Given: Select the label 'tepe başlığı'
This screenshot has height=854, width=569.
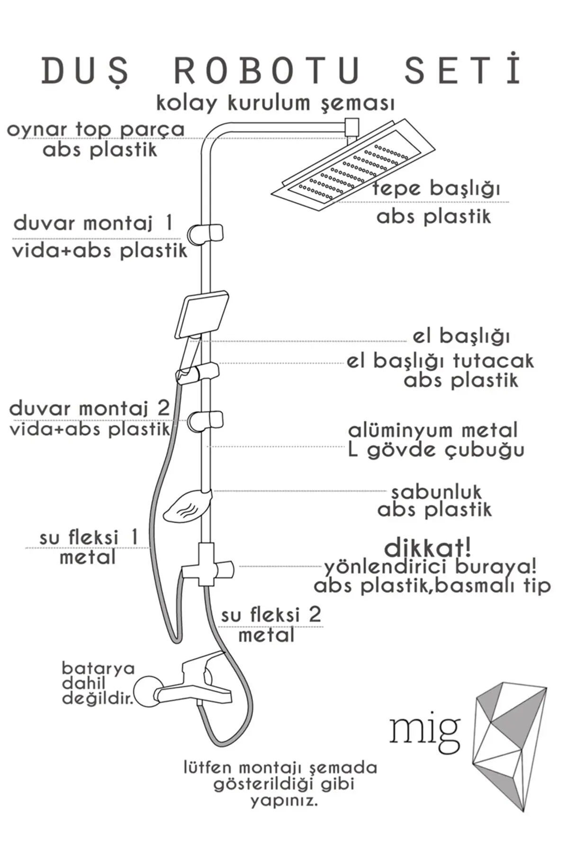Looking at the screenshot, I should point(436,189).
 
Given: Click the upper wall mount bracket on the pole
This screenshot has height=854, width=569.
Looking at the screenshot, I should point(206,233).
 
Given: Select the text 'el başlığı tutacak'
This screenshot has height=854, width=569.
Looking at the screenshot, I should point(440,361).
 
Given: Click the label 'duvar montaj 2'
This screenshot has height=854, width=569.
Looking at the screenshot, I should point(90,408).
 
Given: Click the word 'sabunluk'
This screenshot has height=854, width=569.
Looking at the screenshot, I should point(436,492).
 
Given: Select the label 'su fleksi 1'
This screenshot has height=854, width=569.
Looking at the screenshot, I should point(89,538).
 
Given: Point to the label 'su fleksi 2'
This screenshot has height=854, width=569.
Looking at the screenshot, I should point(271,615).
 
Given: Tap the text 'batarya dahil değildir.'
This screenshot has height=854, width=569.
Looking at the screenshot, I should point(98,683).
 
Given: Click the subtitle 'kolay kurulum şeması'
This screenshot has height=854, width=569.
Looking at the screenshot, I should point(275,102).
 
